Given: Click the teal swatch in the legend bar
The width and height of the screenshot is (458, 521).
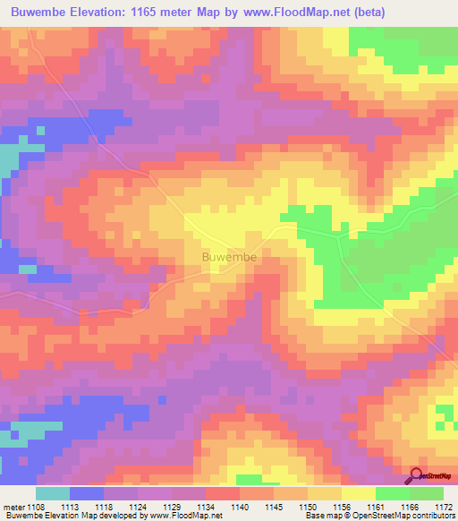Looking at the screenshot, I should tap(53, 493).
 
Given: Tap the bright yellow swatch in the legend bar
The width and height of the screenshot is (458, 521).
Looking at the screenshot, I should tap(358, 493).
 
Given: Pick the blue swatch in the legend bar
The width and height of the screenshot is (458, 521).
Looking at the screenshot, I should tap(87, 493).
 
